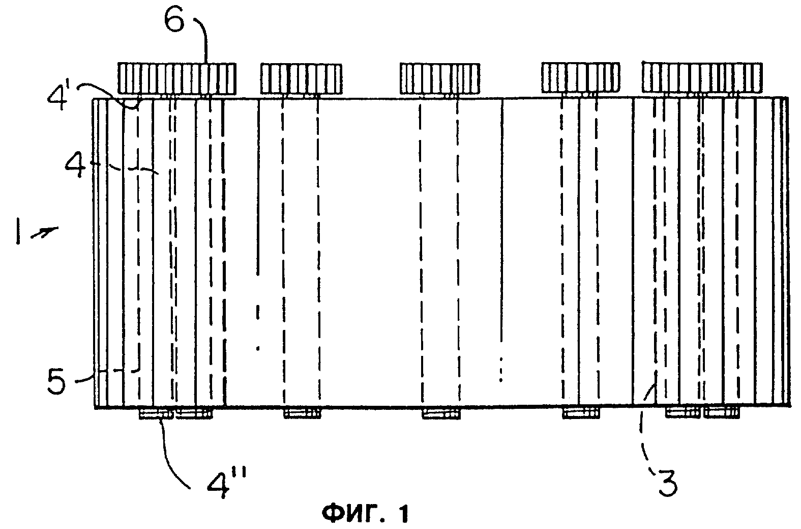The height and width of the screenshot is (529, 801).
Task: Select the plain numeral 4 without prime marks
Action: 75,168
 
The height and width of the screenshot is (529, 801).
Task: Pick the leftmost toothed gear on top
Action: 177,79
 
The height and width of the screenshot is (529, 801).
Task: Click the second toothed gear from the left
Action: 301,79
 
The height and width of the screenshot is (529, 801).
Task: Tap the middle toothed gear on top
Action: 440,79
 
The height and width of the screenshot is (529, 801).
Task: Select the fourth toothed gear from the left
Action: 581,78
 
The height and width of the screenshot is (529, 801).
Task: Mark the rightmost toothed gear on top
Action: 702,77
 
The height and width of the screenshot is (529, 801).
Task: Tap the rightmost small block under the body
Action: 722,413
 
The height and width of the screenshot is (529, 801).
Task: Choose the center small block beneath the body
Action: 441,414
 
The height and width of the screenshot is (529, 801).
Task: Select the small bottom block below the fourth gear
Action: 581,413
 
